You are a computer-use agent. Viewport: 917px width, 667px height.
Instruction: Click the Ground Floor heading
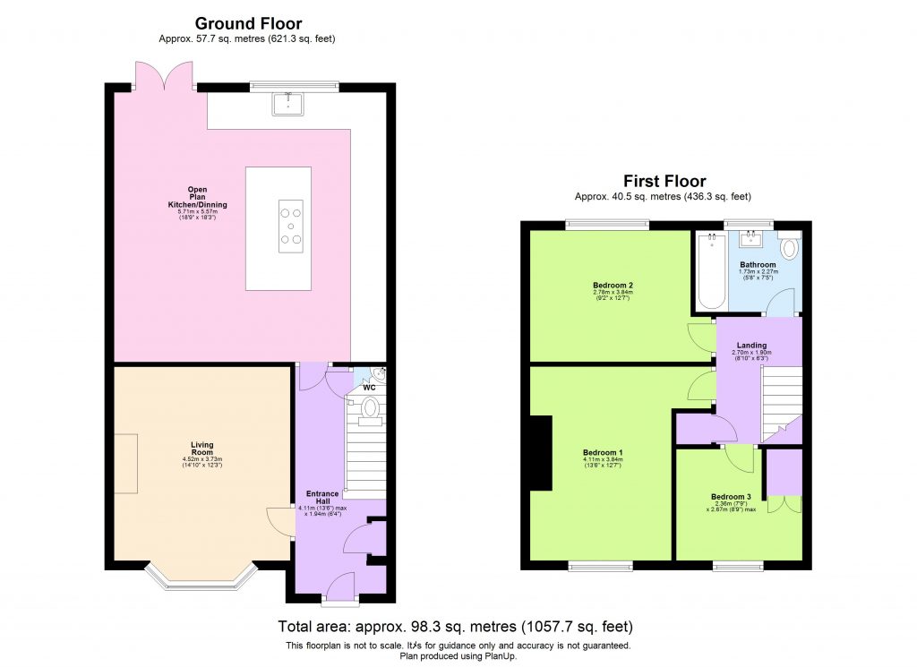(248, 24)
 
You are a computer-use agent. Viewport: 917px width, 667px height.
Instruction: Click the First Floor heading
(663, 182)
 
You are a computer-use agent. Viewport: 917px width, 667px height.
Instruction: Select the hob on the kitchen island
(290, 226)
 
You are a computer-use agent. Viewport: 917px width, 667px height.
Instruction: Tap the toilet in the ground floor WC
(369, 409)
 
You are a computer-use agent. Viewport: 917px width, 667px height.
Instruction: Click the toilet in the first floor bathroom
(789, 247)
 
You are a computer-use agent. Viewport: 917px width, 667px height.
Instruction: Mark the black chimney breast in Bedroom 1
(540, 453)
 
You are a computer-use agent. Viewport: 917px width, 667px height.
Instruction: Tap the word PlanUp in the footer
(499, 655)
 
